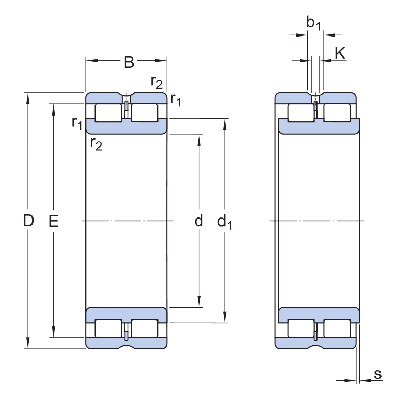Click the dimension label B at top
(129, 62)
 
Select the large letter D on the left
(28, 221)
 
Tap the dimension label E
(53, 221)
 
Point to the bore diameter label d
(199, 221)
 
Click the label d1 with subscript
(225, 222)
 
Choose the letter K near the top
(340, 53)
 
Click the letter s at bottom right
(377, 374)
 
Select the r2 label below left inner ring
(96, 143)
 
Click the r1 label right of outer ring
(176, 99)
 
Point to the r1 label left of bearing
(77, 122)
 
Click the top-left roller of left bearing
(108, 113)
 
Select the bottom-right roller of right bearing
(337, 329)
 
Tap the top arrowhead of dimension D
(28, 97)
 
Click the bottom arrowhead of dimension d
(199, 303)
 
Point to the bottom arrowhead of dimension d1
(225, 318)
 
